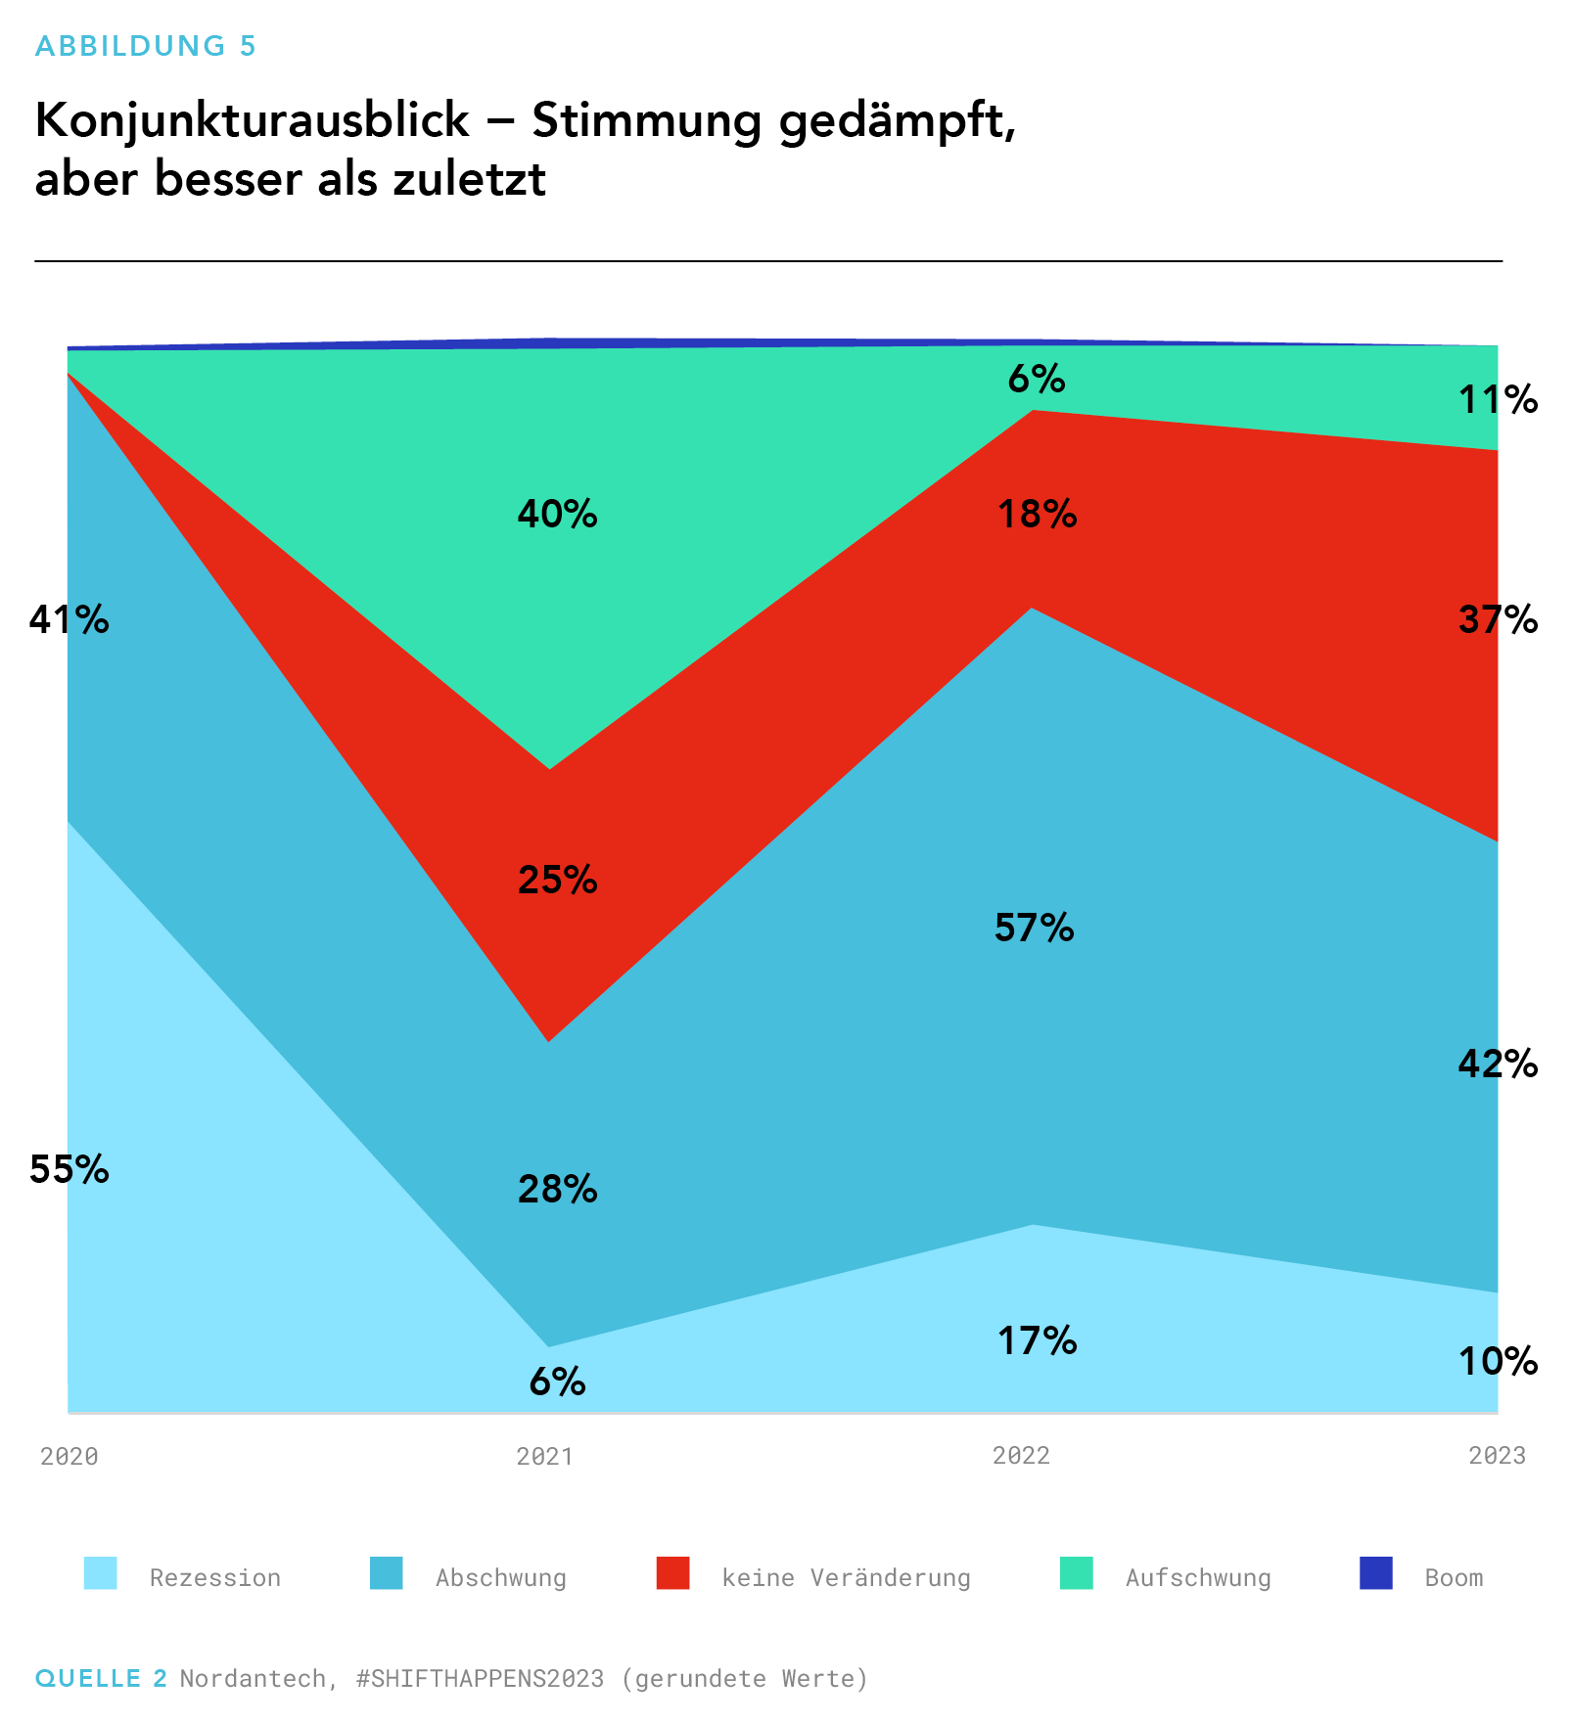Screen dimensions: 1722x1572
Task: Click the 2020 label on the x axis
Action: [69, 1456]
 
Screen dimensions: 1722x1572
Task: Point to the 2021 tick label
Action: [544, 1456]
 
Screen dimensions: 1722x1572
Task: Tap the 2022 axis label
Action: [1021, 1456]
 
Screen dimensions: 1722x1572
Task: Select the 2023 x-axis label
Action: [1497, 1456]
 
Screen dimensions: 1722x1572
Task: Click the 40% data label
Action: [557, 514]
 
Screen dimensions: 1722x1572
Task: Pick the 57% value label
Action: [1034, 927]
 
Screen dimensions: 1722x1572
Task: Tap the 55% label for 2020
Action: [69, 1169]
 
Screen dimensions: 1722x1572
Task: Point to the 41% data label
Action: [69, 619]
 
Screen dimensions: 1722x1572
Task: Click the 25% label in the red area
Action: [557, 880]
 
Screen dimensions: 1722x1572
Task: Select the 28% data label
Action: [557, 1189]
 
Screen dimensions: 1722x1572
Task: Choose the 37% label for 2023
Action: [1498, 619]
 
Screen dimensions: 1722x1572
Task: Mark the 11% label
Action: [1498, 399]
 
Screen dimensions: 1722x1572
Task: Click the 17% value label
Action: [1037, 1340]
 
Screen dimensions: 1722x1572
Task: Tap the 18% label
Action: [1037, 514]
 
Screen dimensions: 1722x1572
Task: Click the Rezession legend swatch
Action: [101, 1573]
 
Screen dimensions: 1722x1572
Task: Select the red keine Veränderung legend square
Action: [672, 1573]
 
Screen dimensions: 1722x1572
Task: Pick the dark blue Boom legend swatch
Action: [1375, 1573]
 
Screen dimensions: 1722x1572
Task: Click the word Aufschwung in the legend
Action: [1198, 1578]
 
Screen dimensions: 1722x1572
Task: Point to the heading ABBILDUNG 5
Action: [145, 46]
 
